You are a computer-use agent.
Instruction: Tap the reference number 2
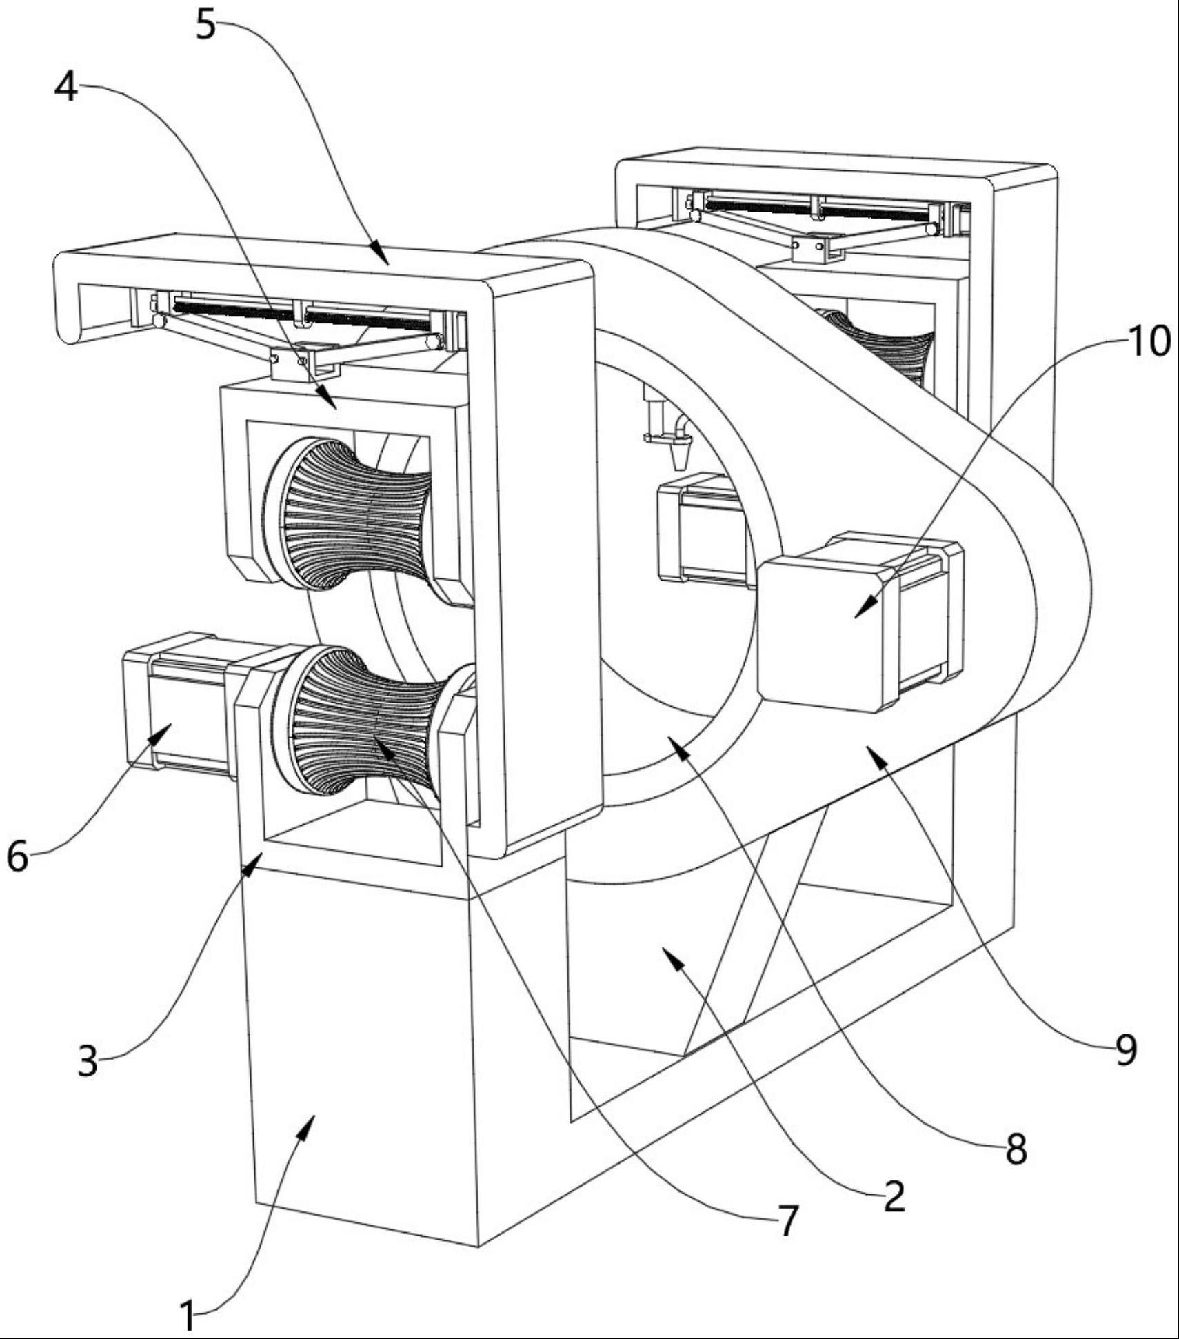pyautogui.click(x=894, y=1195)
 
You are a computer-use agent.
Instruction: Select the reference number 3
pyautogui.click(x=88, y=1060)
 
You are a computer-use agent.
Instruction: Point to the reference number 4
pyautogui.click(x=66, y=88)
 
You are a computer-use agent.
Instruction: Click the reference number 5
pyautogui.click(x=206, y=26)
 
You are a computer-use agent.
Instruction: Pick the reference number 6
pyautogui.click(x=18, y=856)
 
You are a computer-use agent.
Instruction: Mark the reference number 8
pyautogui.click(x=1016, y=1148)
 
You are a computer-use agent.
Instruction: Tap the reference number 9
pyautogui.click(x=1125, y=1050)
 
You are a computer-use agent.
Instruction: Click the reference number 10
pyautogui.click(x=1149, y=341)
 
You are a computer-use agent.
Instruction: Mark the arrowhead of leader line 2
pyautogui.click(x=665, y=950)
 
